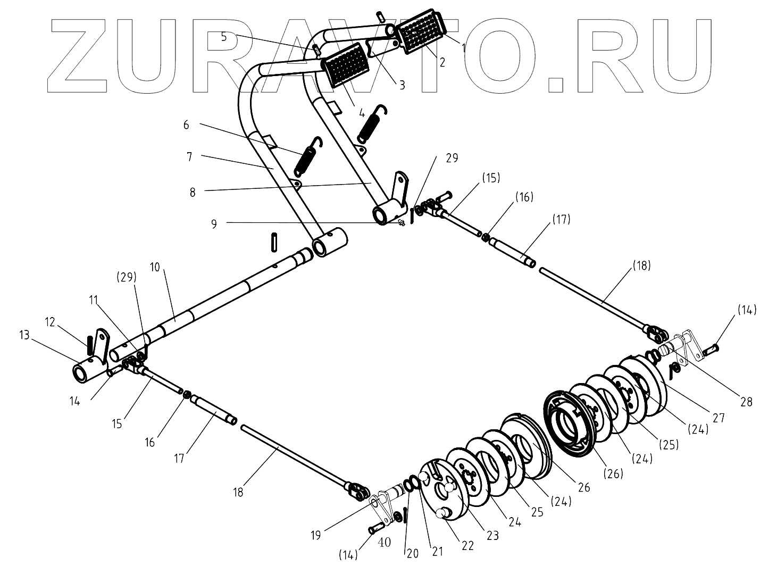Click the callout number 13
[24, 335]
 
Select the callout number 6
[186, 124]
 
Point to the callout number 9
[214, 224]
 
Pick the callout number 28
[746, 402]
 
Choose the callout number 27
[719, 418]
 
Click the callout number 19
[316, 535]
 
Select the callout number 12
[50, 322]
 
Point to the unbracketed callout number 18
[238, 492]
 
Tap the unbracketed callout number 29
[452, 158]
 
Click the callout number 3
[402, 84]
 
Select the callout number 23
[493, 535]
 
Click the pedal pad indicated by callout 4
[342, 66]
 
